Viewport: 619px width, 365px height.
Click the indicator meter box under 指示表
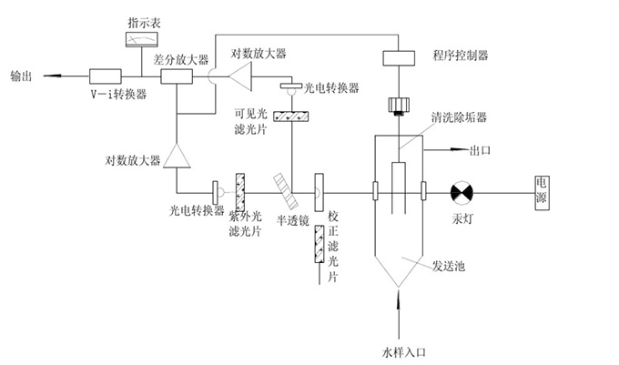(142, 39)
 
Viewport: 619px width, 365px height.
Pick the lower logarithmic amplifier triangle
(178, 156)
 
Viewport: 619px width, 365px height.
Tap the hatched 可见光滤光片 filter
(289, 118)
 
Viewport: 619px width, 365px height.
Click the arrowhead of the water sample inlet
(399, 293)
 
